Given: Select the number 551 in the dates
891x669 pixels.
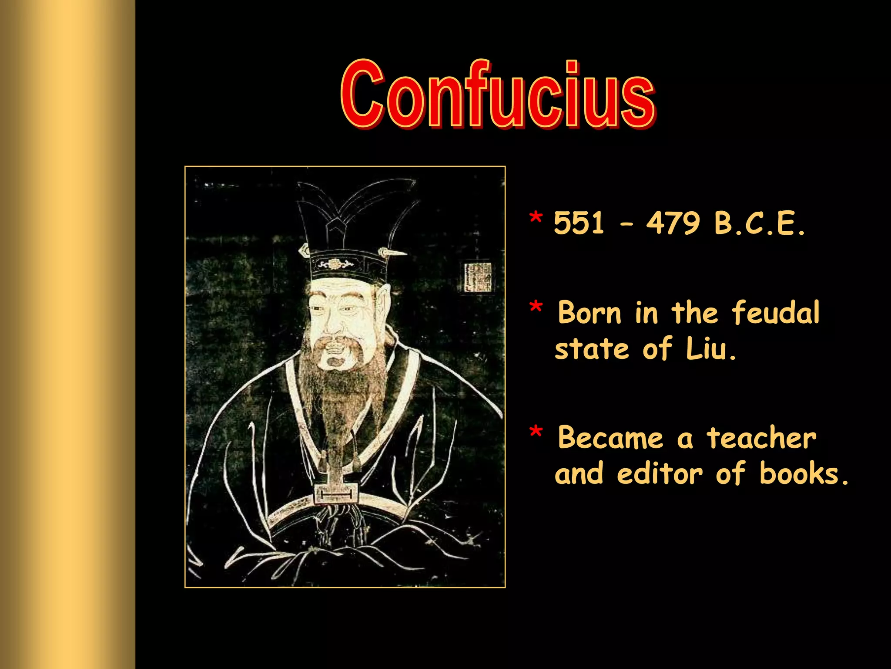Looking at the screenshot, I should click(579, 223).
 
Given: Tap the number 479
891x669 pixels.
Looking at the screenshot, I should click(673, 223).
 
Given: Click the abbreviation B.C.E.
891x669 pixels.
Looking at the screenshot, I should click(760, 223).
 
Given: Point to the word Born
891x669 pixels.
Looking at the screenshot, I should click(590, 313).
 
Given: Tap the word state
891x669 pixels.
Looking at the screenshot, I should click(592, 349).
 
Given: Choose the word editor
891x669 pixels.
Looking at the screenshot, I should click(660, 474).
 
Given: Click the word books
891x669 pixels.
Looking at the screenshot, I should click(803, 474).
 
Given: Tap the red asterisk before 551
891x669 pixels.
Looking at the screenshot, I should click(536, 218).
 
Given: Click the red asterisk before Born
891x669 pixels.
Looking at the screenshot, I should click(536, 307).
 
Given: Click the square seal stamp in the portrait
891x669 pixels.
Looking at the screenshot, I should click(478, 277).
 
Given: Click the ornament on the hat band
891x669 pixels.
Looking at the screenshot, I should click(334, 264).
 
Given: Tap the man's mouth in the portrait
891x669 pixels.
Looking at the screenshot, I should click(334, 361).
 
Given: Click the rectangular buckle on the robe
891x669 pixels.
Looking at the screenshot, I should click(336, 493).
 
